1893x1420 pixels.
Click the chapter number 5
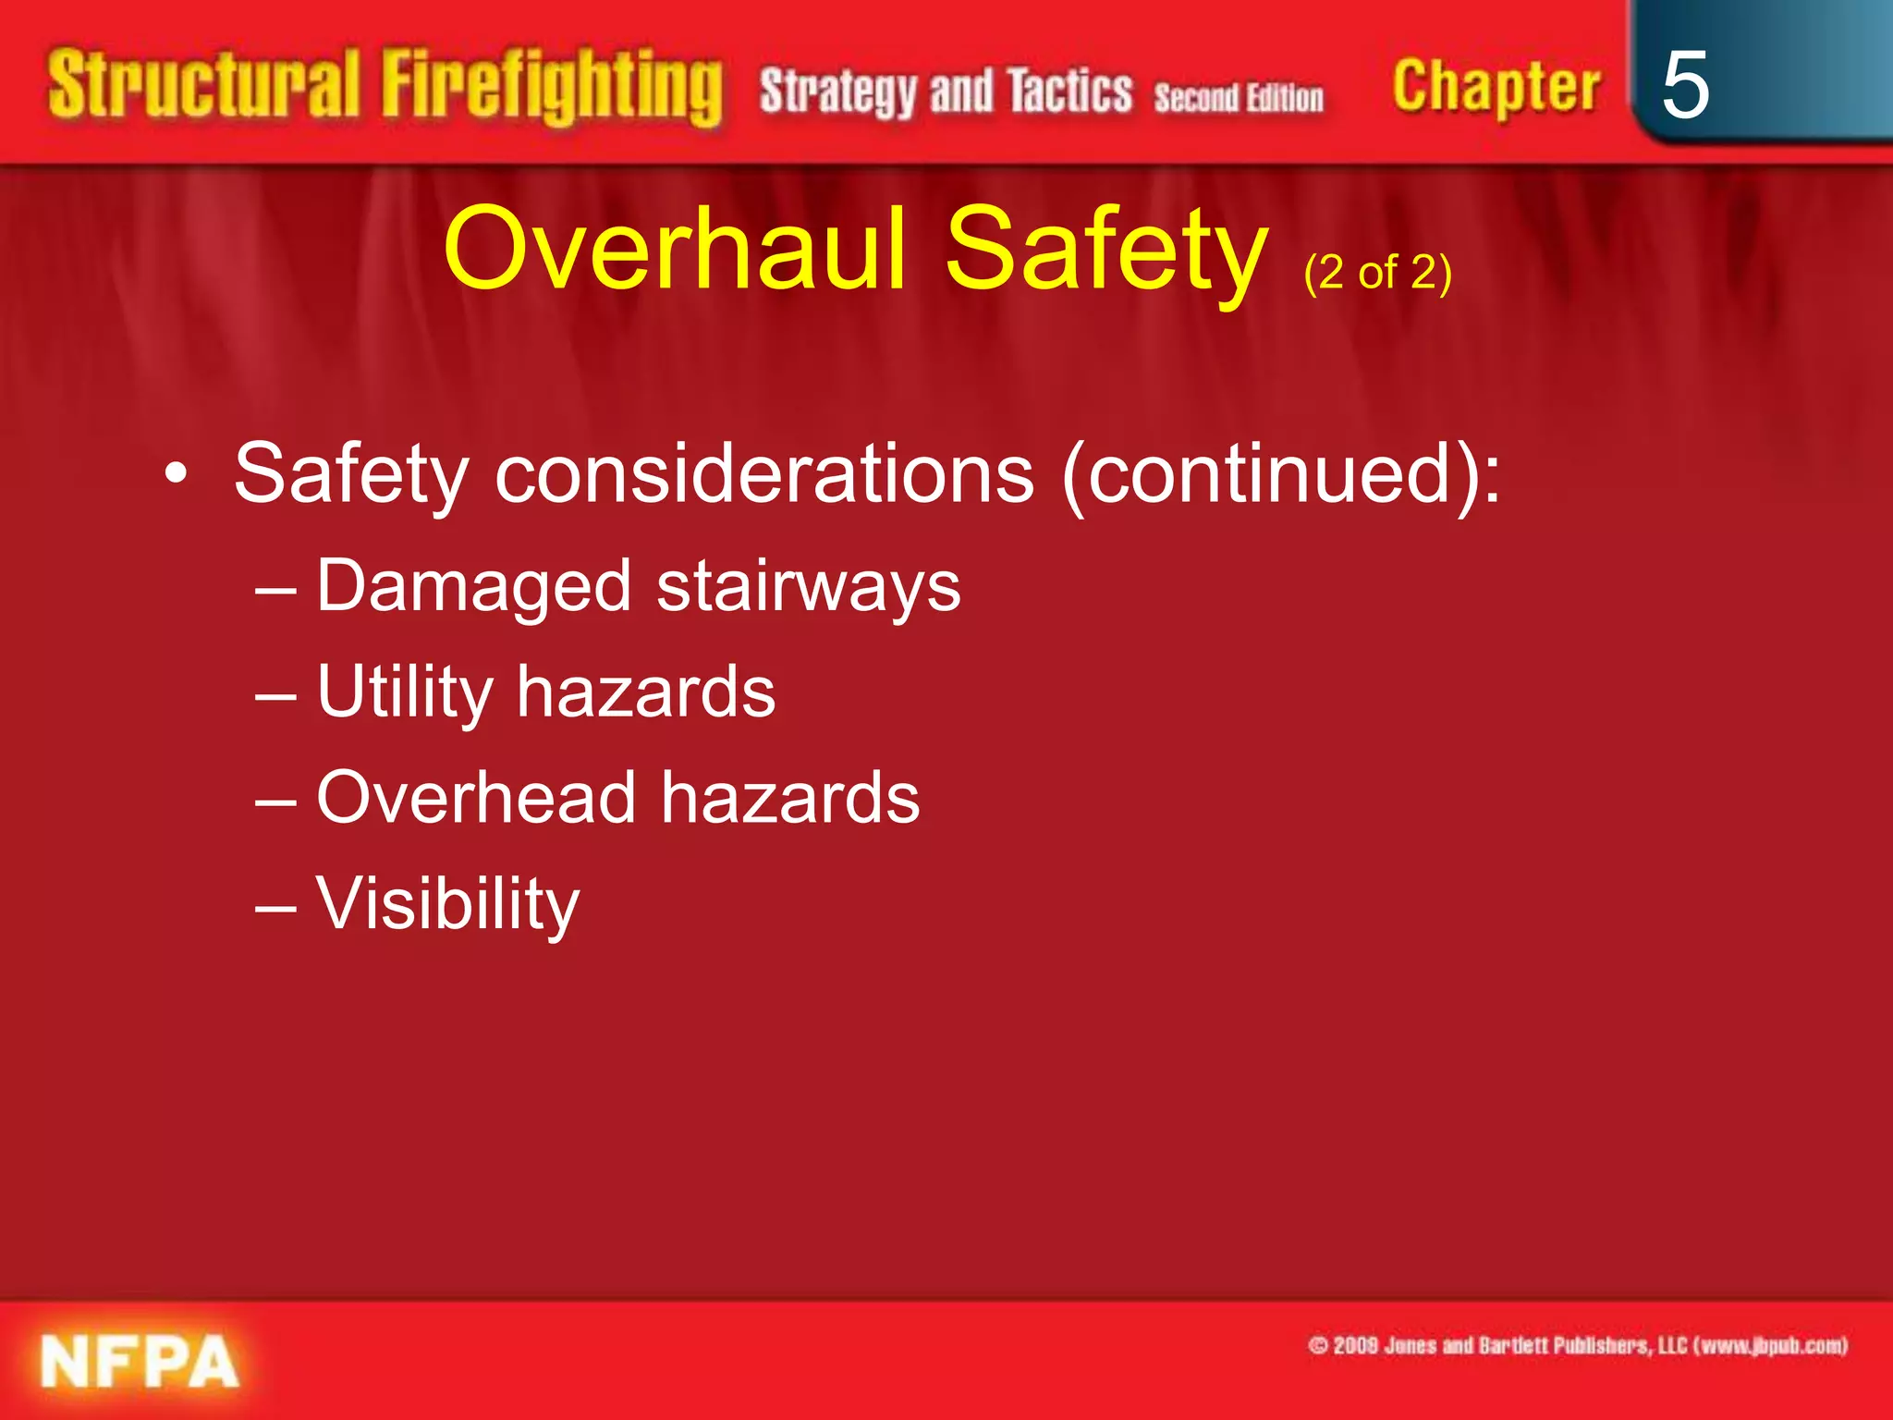pos(1684,85)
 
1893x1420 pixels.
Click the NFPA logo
pos(139,1362)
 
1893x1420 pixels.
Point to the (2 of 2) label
pos(1377,273)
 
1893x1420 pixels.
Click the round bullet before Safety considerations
pos(176,475)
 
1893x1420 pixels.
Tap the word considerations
pos(764,473)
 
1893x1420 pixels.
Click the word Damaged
pos(474,587)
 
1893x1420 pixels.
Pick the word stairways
pos(809,587)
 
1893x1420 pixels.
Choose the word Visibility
pos(448,903)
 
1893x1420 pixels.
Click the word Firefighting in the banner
pos(552,88)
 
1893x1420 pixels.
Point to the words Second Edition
pos(1238,97)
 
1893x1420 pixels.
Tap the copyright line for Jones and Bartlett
pos(1577,1345)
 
